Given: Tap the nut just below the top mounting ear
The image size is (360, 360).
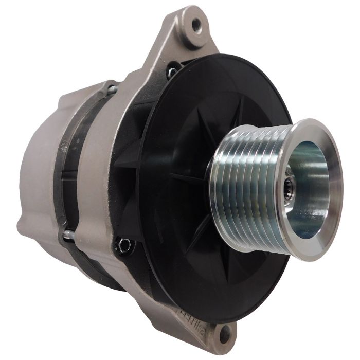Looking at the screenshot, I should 172,72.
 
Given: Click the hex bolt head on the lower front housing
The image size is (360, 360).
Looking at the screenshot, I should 123,244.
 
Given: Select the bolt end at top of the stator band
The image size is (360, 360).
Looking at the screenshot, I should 111,91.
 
